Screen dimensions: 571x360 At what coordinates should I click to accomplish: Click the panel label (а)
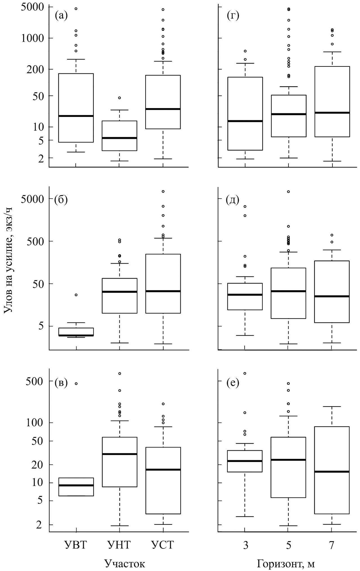point(61,16)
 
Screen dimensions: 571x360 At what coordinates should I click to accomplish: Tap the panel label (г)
point(233,16)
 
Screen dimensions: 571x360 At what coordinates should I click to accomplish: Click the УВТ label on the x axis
point(76,545)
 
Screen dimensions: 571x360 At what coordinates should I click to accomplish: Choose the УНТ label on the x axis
point(119,545)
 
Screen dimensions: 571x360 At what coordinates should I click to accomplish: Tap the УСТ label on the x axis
point(163,545)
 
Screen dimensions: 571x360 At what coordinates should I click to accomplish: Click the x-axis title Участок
point(125,563)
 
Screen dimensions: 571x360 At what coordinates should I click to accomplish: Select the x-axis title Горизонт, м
point(285,563)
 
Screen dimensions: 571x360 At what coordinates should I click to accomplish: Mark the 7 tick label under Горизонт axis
point(332,545)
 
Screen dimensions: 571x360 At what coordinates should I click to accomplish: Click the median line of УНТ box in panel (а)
point(119,138)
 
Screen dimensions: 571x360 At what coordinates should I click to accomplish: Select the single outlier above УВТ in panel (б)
point(76,295)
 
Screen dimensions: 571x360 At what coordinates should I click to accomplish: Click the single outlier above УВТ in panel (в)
point(76,383)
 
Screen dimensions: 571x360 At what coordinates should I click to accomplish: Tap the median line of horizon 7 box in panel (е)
point(332,472)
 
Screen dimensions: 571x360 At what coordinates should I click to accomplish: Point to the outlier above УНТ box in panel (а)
point(119,98)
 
